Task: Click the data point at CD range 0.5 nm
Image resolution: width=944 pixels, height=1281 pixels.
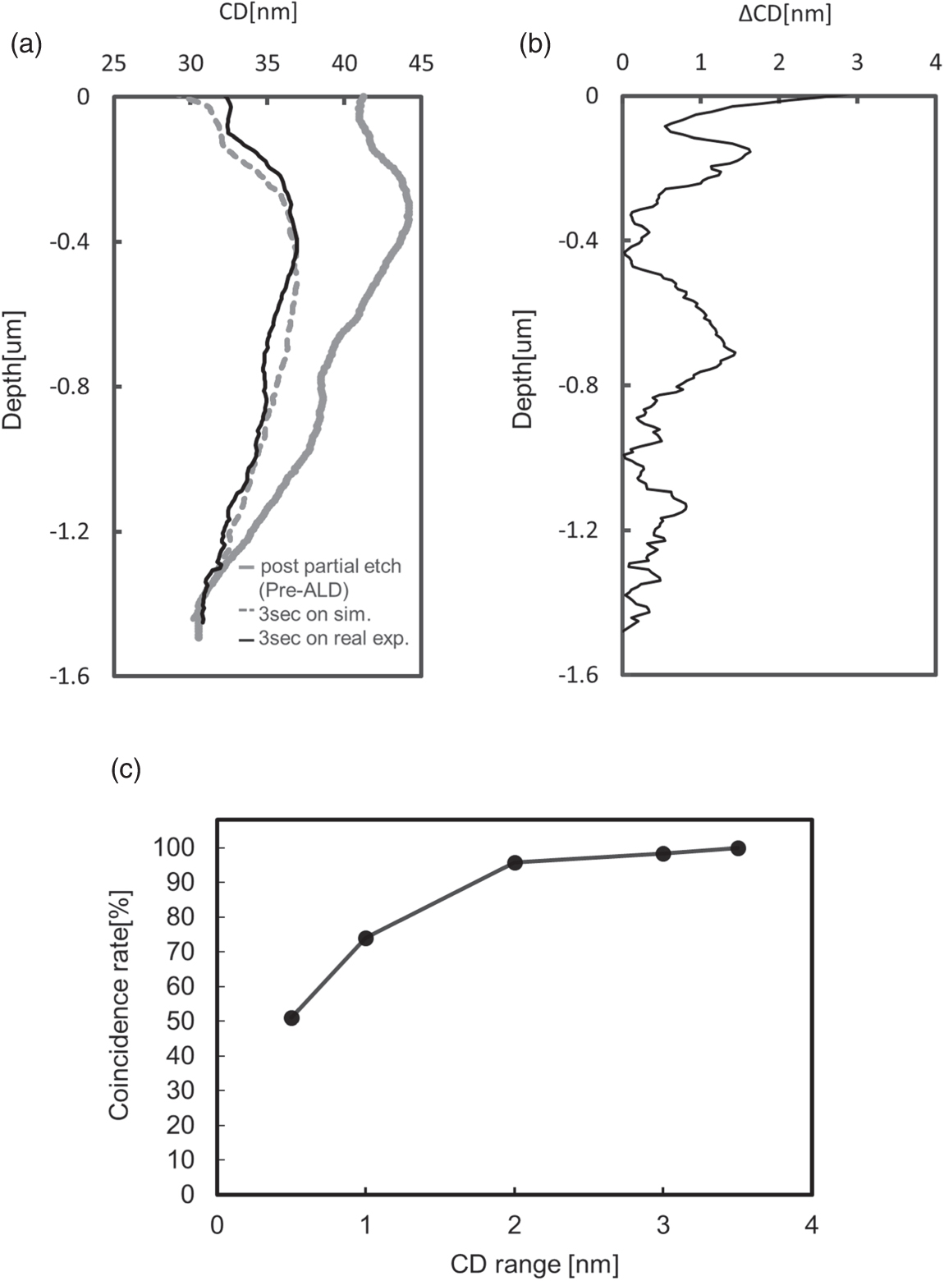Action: tap(291, 1018)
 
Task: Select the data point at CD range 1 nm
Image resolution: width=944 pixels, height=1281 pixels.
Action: tap(366, 938)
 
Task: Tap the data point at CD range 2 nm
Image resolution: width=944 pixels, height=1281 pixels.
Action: tap(515, 862)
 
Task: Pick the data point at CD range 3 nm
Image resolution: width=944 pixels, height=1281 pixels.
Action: tap(663, 853)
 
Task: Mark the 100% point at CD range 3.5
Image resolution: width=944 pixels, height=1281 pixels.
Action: tap(738, 848)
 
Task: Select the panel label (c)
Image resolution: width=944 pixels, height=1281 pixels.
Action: tap(126, 769)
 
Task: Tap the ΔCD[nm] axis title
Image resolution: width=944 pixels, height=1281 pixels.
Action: tap(784, 13)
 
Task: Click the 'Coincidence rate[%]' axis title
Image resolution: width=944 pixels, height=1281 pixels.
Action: tap(120, 1006)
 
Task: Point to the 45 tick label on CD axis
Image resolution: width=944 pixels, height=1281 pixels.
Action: tap(421, 63)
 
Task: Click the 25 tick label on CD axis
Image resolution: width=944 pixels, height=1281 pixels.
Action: tap(113, 63)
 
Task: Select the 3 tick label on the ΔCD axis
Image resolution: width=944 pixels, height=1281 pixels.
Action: tap(857, 63)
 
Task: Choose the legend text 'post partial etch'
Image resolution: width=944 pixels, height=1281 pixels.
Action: tap(330, 567)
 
